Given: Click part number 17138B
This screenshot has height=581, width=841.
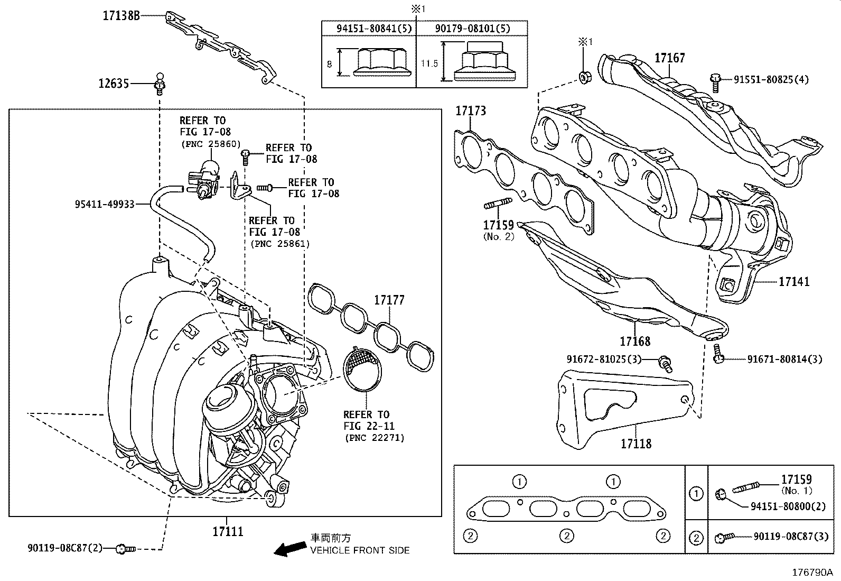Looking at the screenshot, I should [x=121, y=16].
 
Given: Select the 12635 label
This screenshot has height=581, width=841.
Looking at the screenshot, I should [x=114, y=84].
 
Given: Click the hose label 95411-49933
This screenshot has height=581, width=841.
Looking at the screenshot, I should [x=105, y=202].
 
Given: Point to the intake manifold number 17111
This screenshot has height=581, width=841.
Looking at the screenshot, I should [x=228, y=531].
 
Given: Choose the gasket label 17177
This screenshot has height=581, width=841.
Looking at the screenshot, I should [x=389, y=300].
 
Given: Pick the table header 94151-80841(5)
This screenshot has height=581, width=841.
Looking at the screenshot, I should [x=369, y=29].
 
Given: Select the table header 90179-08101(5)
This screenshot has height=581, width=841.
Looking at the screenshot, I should [x=472, y=29].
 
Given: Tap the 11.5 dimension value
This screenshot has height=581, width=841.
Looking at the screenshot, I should [x=429, y=63].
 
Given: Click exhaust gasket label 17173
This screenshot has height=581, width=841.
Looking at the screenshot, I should [x=471, y=111].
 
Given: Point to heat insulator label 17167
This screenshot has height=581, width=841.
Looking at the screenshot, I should [x=670, y=58].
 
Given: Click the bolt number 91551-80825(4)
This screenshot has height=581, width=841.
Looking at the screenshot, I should [x=771, y=80].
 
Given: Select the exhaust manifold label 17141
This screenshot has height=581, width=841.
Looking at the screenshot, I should [x=793, y=282].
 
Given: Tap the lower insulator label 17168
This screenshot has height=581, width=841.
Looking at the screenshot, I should [x=635, y=341].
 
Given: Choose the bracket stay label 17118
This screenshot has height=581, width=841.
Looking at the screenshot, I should [x=636, y=444].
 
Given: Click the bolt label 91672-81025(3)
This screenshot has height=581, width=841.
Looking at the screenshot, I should [x=604, y=359].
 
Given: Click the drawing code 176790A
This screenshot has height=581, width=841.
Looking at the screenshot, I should [x=811, y=572].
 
